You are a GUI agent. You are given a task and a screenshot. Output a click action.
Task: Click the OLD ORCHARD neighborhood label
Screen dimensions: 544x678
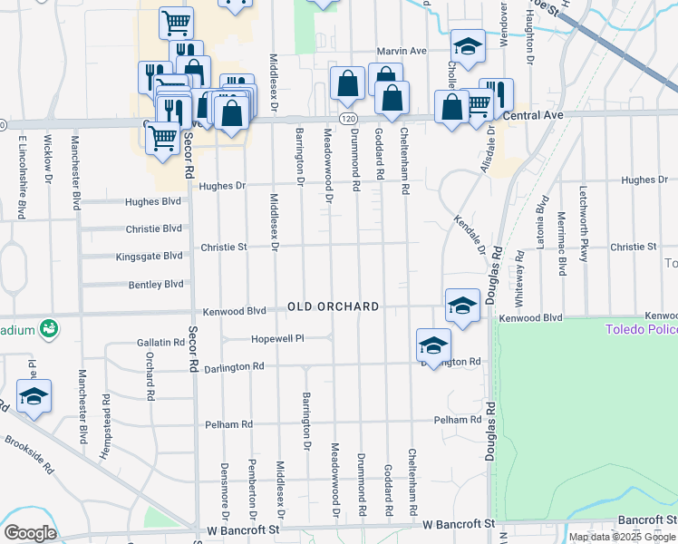334,306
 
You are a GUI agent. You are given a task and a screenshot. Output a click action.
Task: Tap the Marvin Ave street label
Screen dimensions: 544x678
402,52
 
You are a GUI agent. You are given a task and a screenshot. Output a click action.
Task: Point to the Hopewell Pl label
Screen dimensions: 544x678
276,338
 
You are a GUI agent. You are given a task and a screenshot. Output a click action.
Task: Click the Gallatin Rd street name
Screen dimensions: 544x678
160,343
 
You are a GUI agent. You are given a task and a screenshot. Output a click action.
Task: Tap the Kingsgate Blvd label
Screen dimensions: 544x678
150,257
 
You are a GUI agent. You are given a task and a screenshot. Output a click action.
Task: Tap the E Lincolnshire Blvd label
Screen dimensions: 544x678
20,177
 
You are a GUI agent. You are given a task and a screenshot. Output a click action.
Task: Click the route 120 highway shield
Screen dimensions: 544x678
349,118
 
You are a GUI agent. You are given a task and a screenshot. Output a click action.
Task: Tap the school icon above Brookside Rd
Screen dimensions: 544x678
34,395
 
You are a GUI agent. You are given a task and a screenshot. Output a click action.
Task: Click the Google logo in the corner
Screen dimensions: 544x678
30,533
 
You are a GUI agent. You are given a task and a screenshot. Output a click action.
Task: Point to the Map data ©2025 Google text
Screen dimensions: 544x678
622,537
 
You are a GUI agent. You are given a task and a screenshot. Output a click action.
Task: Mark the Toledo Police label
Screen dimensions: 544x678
641,328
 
